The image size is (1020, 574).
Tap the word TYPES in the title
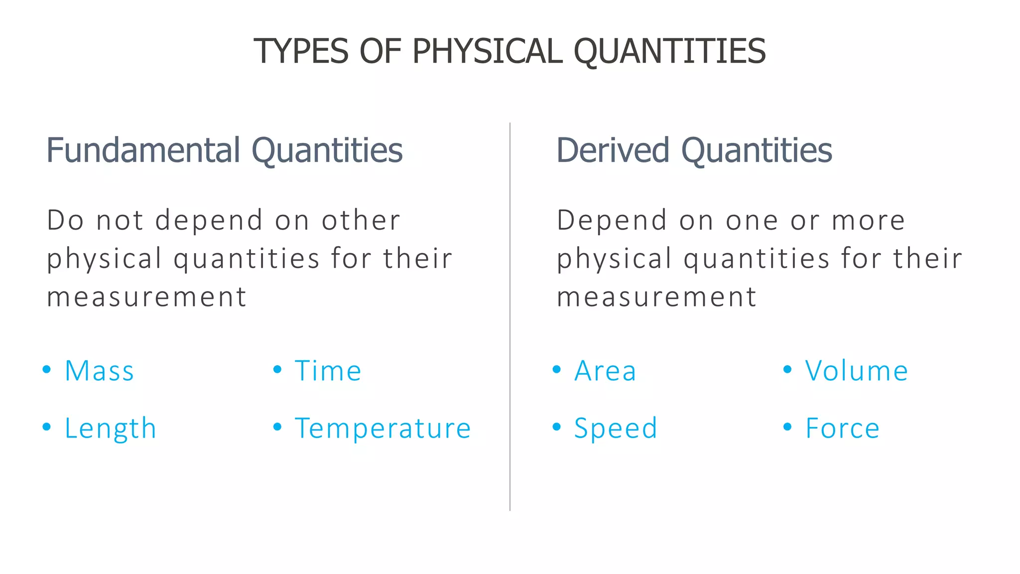click(x=301, y=51)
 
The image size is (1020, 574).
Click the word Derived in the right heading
click(x=613, y=150)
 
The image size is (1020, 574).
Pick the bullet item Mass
click(x=100, y=371)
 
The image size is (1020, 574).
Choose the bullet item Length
click(x=111, y=429)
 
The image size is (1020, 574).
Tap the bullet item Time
click(x=328, y=371)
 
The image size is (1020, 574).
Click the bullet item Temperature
click(x=382, y=429)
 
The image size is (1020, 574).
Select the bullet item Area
click(x=606, y=371)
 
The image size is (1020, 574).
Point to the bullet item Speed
click(x=616, y=429)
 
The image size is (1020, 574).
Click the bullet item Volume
click(x=857, y=371)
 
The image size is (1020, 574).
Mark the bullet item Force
click(x=843, y=429)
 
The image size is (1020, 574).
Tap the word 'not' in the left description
click(x=120, y=221)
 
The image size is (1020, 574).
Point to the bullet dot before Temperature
click(x=277, y=427)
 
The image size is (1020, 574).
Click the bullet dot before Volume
click(x=787, y=370)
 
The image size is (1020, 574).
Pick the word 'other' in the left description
click(x=361, y=221)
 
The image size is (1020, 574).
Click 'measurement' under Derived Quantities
click(x=656, y=297)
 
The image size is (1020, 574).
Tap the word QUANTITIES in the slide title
click(x=669, y=51)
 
